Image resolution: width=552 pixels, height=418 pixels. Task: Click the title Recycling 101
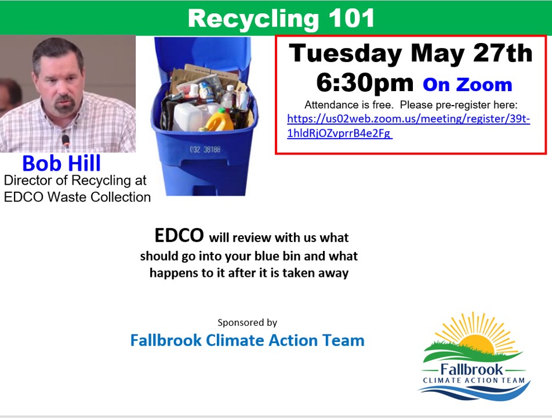click(281, 19)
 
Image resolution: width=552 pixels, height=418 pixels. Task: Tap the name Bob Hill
click(61, 163)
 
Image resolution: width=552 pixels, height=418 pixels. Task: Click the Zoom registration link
click(408, 126)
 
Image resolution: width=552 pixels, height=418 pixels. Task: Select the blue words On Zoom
click(467, 85)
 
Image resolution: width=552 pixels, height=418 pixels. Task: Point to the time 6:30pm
click(365, 83)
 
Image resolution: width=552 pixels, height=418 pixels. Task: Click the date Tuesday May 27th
click(411, 53)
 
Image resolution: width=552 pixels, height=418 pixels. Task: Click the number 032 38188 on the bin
click(205, 149)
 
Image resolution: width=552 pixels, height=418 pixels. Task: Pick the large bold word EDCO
click(179, 235)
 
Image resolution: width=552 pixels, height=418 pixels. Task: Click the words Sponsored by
click(247, 322)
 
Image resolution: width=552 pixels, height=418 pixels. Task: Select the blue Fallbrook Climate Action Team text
click(247, 340)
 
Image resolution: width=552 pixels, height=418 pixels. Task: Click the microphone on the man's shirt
click(66, 141)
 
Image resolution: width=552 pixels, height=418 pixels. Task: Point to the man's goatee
click(65, 104)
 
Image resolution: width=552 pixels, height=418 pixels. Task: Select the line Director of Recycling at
click(75, 181)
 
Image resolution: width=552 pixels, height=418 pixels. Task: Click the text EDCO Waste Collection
click(78, 197)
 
